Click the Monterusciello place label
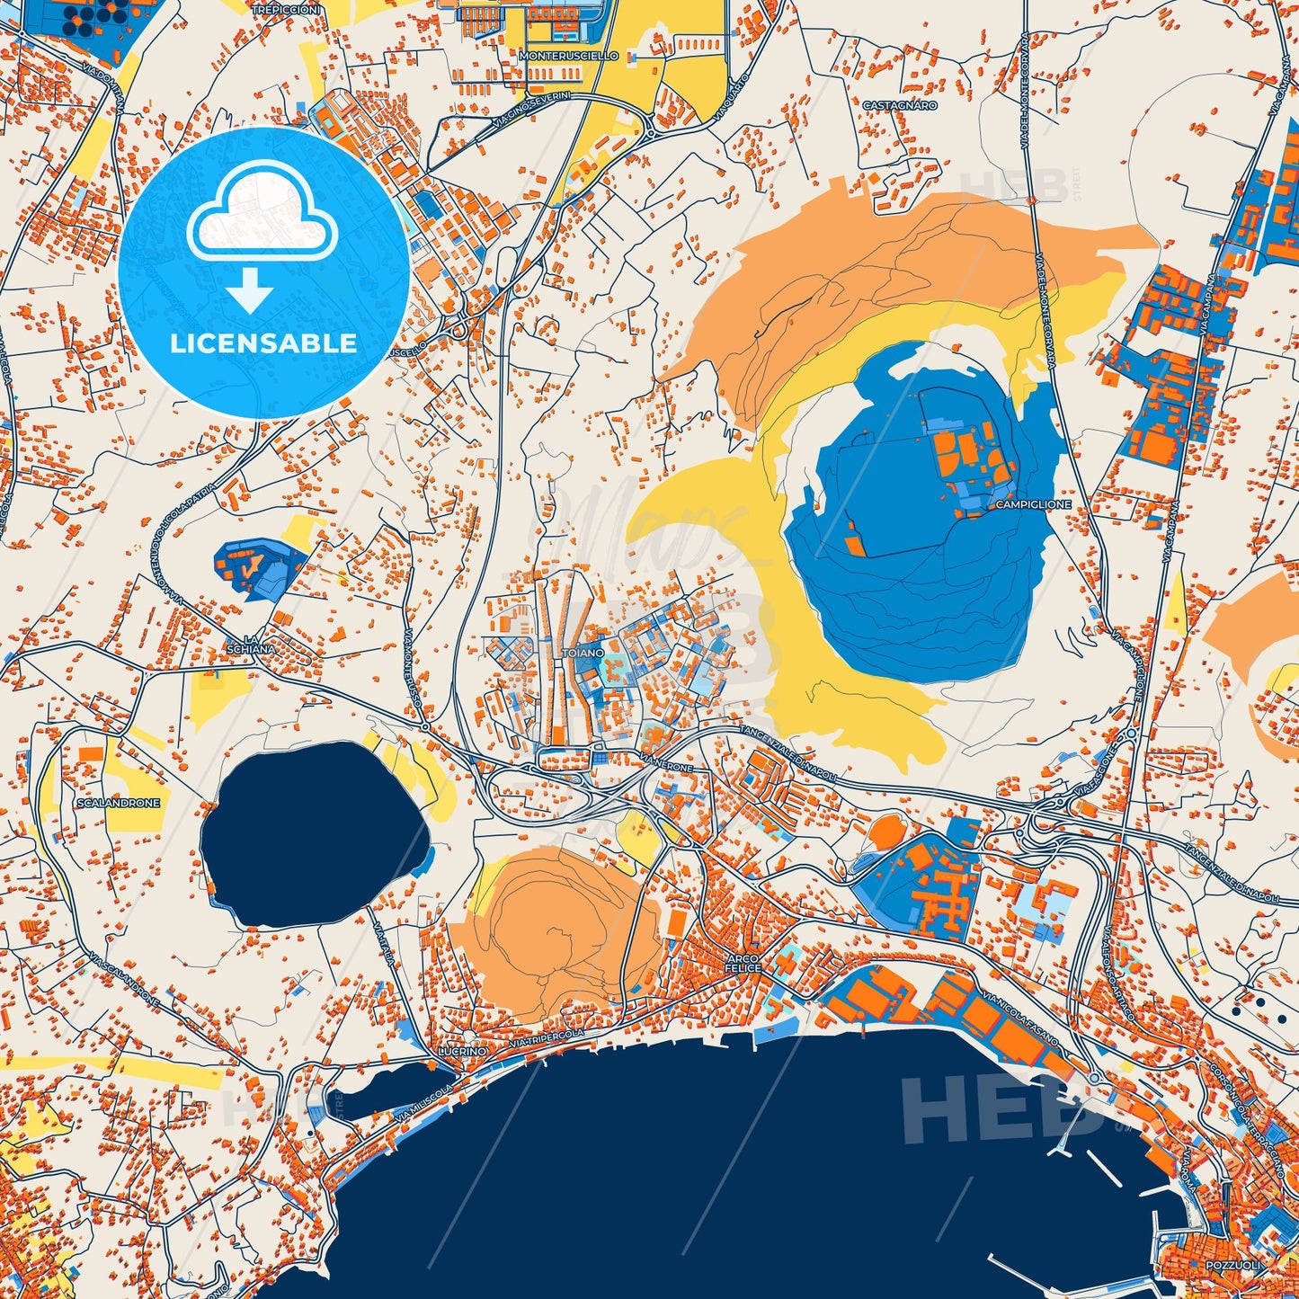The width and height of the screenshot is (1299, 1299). pos(569,56)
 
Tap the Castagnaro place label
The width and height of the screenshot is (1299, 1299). pos(899,105)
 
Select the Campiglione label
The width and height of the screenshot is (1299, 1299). pos(1033,504)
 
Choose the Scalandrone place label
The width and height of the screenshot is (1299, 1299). pos(119,803)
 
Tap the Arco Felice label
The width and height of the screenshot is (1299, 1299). pos(743,963)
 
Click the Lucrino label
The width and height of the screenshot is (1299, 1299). pos(463,1051)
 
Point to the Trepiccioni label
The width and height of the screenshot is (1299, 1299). pos(286,9)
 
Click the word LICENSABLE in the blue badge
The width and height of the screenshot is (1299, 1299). pos(263,343)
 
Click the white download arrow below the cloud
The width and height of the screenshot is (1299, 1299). pos(250,289)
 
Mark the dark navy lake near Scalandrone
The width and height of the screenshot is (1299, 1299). pos(310,832)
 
